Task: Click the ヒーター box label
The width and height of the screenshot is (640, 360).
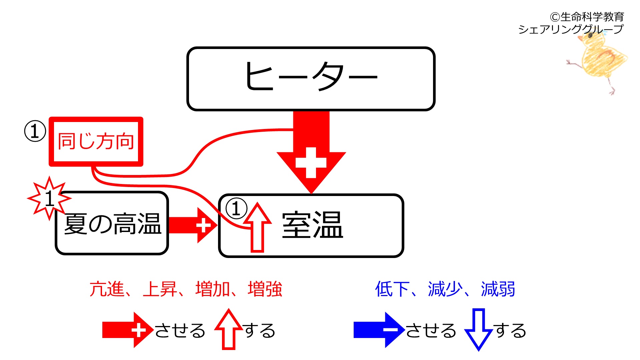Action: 311,76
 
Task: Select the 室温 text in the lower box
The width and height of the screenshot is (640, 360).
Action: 312,225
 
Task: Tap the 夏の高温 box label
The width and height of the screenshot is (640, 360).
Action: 113,223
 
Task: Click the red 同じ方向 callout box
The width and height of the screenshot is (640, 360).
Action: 96,141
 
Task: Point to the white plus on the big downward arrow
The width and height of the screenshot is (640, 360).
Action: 311,163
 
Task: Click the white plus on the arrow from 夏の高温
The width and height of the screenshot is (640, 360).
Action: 203,225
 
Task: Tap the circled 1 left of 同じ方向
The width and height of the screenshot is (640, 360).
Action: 35,131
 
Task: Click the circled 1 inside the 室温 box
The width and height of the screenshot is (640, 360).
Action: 236,208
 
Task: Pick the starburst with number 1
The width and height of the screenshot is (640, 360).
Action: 49,198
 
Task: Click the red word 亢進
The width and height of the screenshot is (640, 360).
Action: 107,289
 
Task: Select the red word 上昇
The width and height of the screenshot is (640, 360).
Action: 160,289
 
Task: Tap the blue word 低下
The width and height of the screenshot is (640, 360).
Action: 392,289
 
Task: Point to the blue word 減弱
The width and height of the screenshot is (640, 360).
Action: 498,289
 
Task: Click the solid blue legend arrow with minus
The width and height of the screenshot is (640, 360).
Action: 379,330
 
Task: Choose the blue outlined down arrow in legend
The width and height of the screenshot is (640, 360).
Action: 479,329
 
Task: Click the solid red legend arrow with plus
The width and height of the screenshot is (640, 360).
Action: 128,330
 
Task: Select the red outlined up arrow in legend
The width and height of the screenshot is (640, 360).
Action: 229,329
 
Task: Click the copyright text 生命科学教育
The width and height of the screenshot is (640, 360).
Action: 592,17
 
